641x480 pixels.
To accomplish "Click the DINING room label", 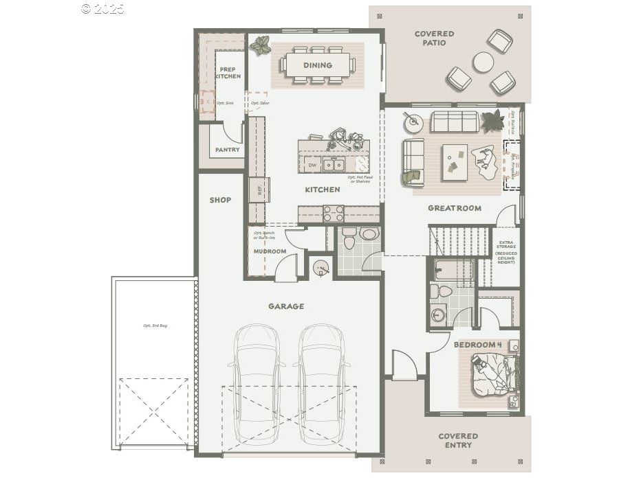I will click(x=317, y=65).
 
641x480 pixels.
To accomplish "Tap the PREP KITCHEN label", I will click(x=228, y=73).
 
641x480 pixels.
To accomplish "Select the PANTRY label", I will click(x=227, y=150).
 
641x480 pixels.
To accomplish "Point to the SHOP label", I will click(x=220, y=201).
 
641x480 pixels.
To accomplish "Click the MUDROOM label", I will click(x=270, y=251).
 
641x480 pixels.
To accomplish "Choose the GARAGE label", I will click(x=286, y=306).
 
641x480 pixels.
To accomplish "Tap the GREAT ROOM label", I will click(x=454, y=208).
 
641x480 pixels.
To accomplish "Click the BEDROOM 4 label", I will click(x=475, y=344).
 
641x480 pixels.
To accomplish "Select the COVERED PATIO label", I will click(x=434, y=38).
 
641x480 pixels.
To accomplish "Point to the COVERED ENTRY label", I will click(x=458, y=440).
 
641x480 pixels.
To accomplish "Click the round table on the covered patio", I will click(x=483, y=62).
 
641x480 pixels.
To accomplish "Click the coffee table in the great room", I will click(x=454, y=163).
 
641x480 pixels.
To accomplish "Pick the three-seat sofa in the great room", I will click(x=456, y=122).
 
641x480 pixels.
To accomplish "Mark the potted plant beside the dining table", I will click(x=260, y=46).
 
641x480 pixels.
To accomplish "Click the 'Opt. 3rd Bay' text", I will click(x=155, y=325).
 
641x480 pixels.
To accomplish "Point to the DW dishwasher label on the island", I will click(x=312, y=165).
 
